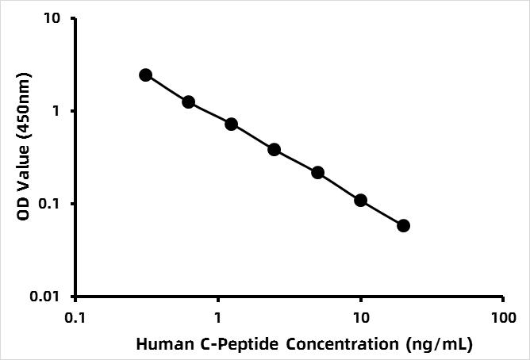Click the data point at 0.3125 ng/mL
[145, 75]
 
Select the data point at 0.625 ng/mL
[188, 101]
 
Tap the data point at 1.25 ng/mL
[231, 124]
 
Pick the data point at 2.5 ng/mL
[274, 149]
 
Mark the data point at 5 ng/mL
[317, 172]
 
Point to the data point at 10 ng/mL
[360, 200]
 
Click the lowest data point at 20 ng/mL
[403, 225]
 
